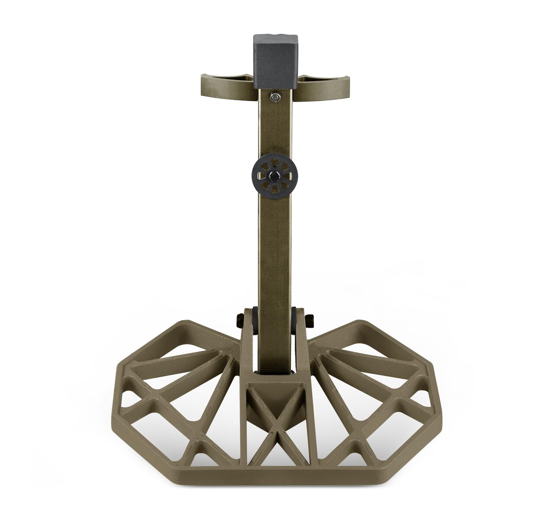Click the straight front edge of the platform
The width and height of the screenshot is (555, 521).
tap(274, 474)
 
